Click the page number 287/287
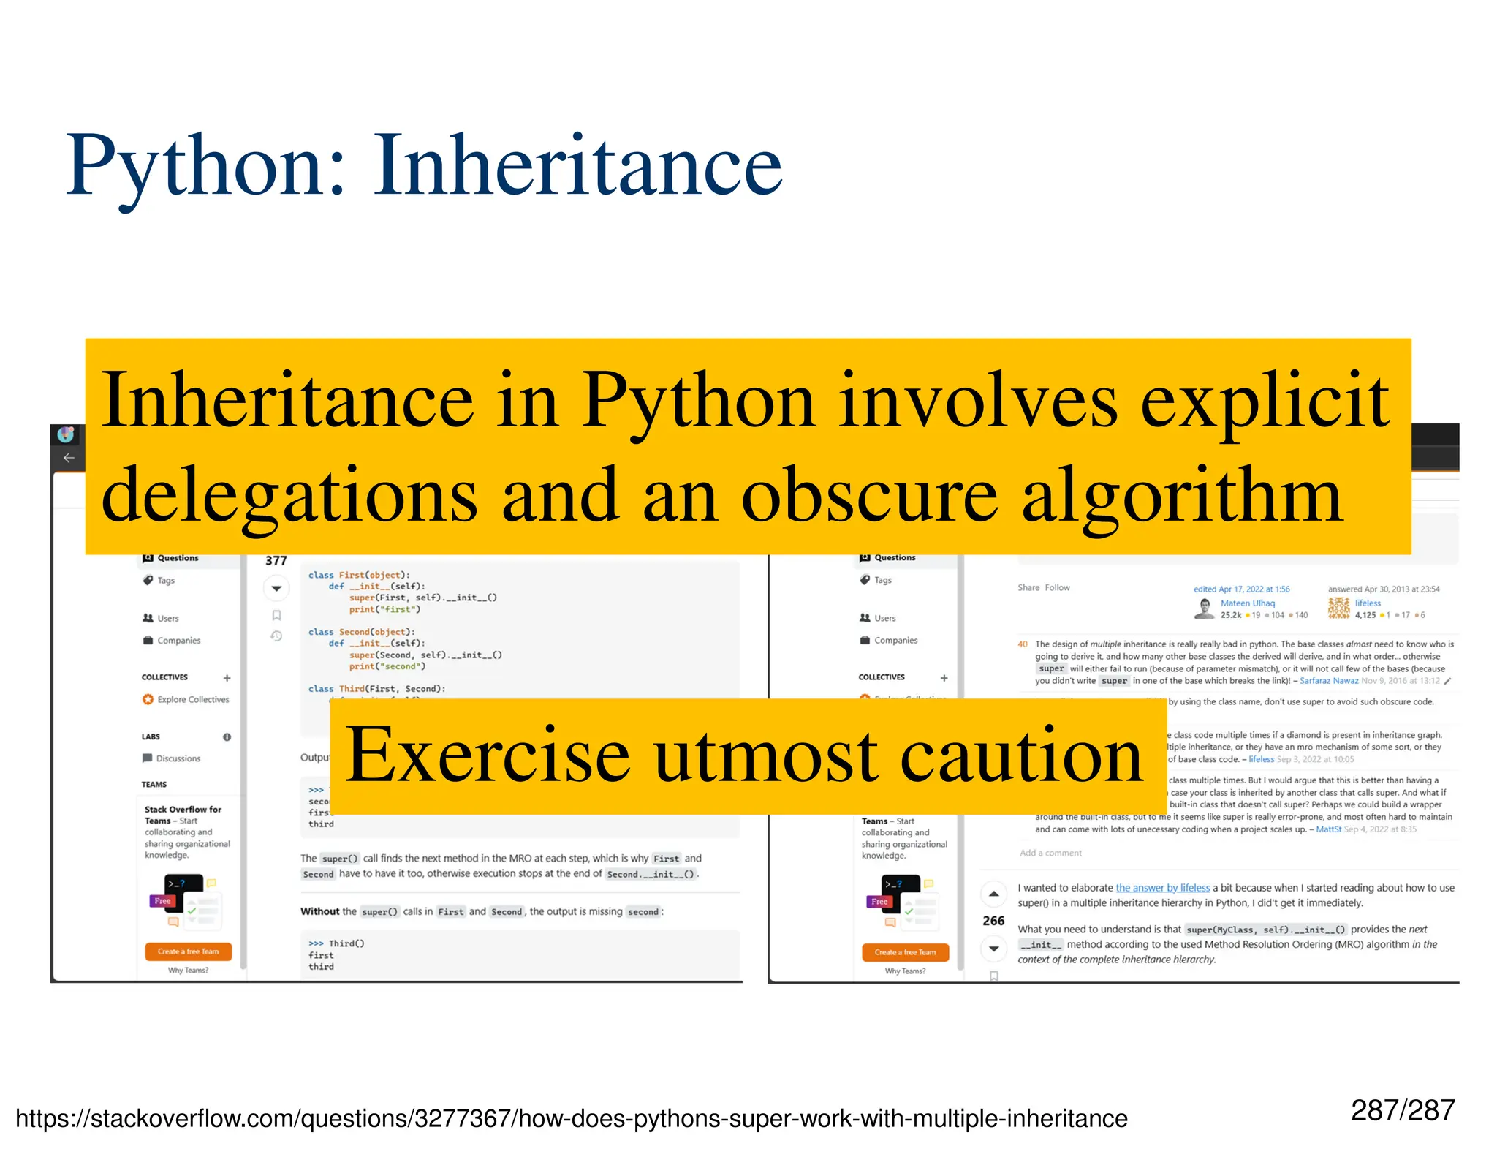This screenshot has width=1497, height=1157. coord(1402,1110)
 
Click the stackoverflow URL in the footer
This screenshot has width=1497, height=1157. coord(571,1118)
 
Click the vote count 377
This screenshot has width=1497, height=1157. coord(276,561)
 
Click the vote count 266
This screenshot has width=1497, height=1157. coord(993,921)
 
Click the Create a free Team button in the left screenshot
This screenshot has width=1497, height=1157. coord(189,951)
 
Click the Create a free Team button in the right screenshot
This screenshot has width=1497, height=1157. coord(905,952)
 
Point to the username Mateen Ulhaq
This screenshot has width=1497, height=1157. coord(1247,603)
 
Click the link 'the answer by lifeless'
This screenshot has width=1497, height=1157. coord(1162,888)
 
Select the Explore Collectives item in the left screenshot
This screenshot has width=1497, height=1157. coord(192,700)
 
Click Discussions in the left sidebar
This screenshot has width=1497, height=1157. coord(178,758)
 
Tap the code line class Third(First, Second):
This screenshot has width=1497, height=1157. coord(376,689)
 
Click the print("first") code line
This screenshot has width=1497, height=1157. coord(384,609)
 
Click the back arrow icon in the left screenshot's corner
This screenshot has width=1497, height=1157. coord(69,458)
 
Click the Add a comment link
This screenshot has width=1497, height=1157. coord(1050,853)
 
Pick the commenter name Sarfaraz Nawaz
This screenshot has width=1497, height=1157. coord(1328,681)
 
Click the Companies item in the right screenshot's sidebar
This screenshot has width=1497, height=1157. coord(895,641)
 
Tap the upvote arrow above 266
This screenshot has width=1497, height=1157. coord(993,894)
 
